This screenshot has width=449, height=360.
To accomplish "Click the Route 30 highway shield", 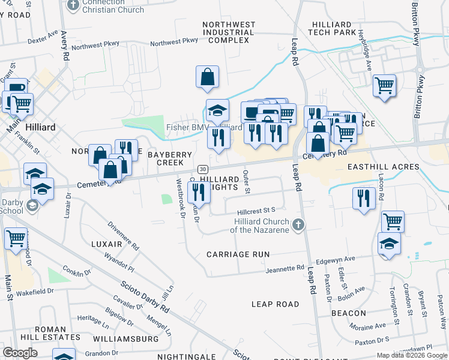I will click(x=203, y=169).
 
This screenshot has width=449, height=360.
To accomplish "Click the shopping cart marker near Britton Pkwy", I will click(x=384, y=85).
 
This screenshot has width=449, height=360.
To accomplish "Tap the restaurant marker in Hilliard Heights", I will click(x=199, y=192).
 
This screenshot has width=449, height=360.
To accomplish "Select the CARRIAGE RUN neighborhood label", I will click(x=238, y=254).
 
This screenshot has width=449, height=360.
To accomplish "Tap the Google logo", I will click(x=20, y=353).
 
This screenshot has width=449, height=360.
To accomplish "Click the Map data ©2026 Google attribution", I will click(x=411, y=355).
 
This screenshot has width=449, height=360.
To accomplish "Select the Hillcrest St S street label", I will click(x=256, y=211).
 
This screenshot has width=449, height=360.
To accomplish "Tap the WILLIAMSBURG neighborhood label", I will click(x=130, y=339).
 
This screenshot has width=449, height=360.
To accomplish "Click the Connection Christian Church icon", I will click(x=74, y=6).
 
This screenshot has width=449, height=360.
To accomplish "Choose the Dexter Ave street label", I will click(x=43, y=38).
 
